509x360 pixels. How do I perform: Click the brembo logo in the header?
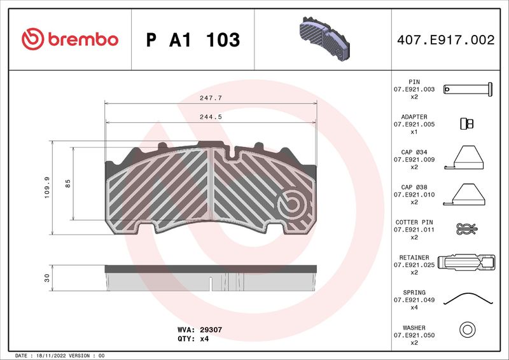click(x=70, y=39)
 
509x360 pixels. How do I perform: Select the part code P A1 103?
click(x=193, y=40)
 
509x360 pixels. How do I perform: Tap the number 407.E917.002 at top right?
click(x=446, y=39)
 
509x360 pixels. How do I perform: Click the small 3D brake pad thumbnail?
click(x=324, y=39)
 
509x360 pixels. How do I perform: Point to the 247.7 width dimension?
click(x=211, y=98)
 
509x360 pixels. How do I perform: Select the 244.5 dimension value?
click(x=211, y=117)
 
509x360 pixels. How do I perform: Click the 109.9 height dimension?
click(x=47, y=188)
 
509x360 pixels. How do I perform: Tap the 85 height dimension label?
click(x=68, y=183)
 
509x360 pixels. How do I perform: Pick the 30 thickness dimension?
click(x=47, y=278)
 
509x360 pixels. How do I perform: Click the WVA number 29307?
click(x=211, y=329)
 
